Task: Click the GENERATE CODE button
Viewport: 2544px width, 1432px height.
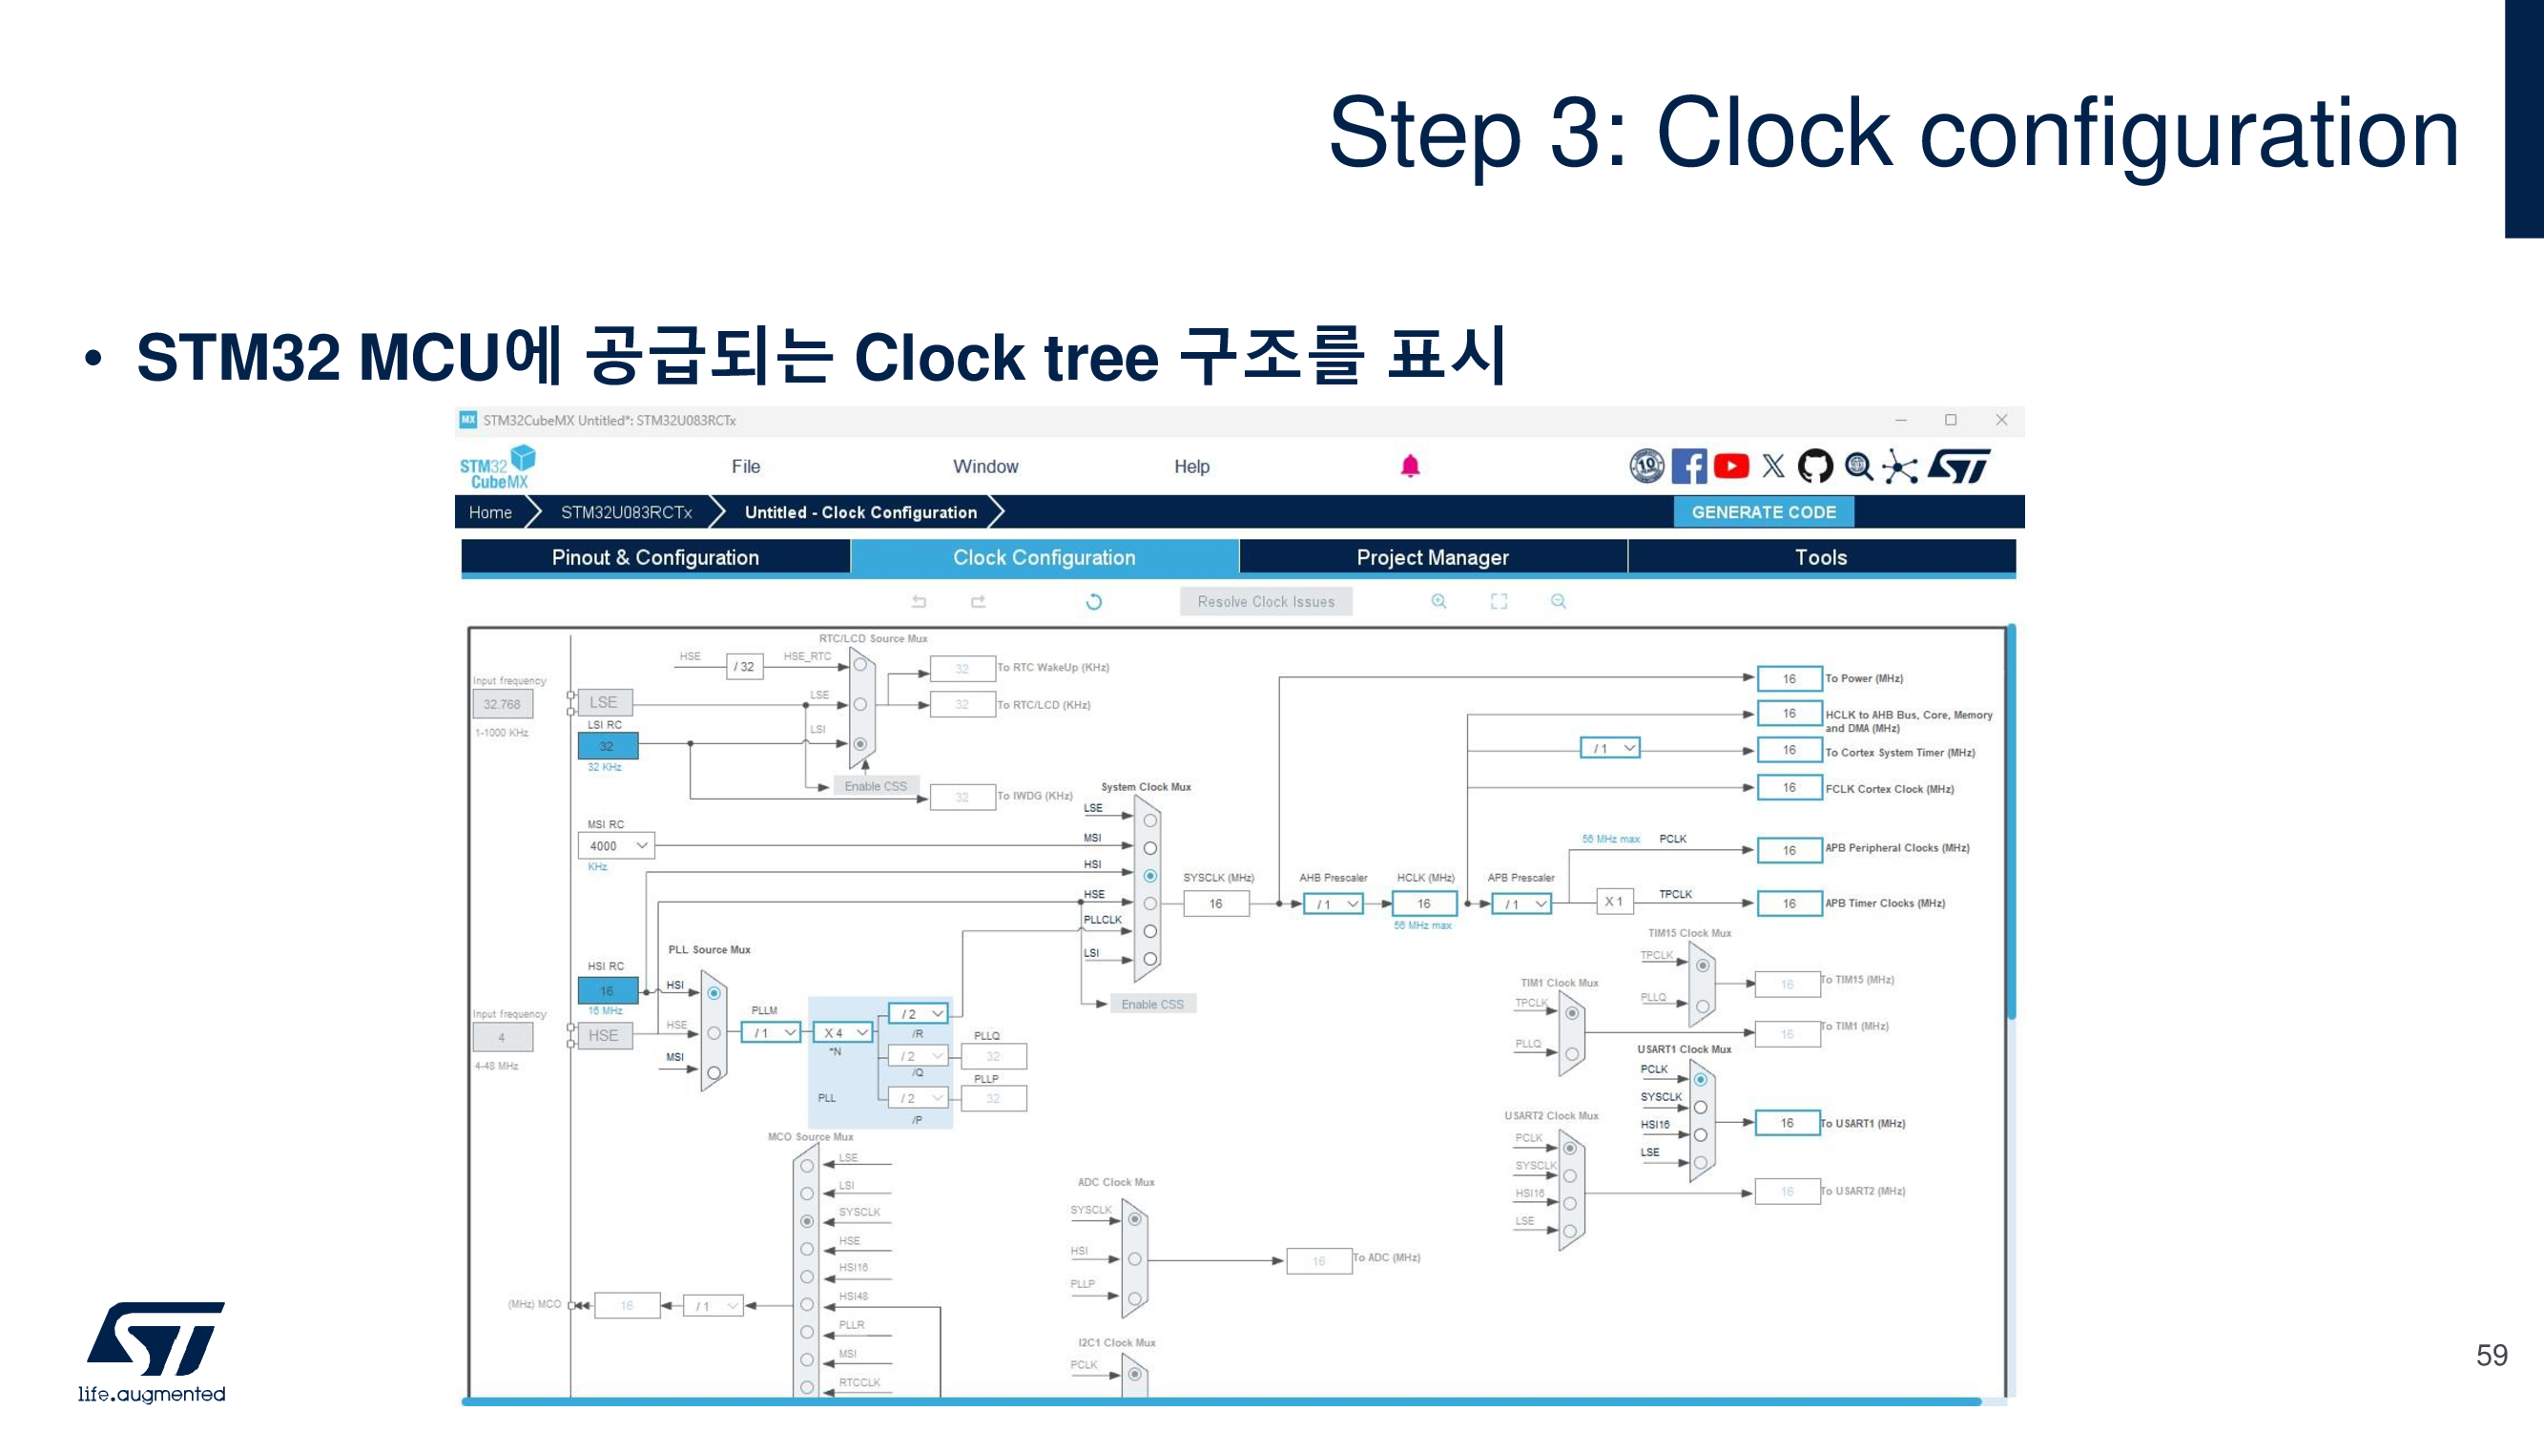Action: point(1763,512)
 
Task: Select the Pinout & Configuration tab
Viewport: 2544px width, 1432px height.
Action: point(654,557)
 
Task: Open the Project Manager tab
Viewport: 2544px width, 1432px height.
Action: point(1432,557)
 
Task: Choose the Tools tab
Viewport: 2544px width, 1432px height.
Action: point(1820,557)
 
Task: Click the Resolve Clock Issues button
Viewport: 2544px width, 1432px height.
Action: point(1265,601)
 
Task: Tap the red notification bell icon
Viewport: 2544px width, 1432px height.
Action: point(1409,467)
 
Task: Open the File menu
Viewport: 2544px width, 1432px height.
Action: point(746,467)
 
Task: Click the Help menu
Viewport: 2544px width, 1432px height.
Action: point(1191,467)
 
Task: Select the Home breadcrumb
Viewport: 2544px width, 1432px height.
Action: point(490,512)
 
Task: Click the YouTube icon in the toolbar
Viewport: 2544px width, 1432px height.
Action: point(1731,467)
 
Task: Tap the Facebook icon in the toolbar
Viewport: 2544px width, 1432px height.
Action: point(1688,467)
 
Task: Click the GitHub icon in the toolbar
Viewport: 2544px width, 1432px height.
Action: point(1814,467)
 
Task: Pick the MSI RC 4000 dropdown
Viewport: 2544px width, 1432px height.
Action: point(616,846)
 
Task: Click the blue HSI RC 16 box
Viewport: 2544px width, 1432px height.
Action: point(607,990)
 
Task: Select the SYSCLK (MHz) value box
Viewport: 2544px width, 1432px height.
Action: point(1214,903)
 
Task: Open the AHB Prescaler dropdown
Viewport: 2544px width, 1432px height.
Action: point(1334,903)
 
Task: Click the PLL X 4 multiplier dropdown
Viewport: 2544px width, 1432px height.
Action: point(843,1033)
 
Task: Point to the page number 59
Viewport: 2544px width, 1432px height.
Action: point(2491,1355)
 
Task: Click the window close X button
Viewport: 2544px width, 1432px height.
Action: point(2001,420)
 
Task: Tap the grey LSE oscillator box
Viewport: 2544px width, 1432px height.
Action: point(604,702)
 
